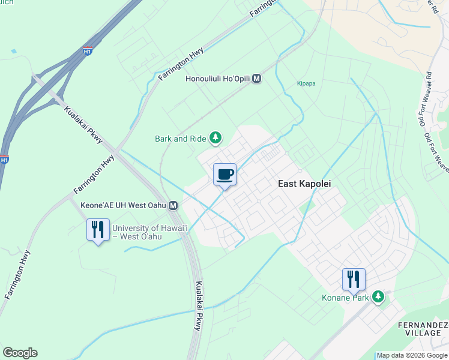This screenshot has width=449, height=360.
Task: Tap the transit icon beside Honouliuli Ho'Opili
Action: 257,79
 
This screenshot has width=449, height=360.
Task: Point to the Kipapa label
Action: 306,84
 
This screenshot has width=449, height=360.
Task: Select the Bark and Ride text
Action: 180,139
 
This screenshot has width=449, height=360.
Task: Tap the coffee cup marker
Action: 224,175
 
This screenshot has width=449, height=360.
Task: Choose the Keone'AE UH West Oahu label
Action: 124,206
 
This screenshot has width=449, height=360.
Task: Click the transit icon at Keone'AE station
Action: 173,206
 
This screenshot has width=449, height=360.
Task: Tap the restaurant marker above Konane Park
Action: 353,279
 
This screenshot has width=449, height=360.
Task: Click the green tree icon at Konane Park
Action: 378,296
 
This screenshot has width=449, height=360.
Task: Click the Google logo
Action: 20,353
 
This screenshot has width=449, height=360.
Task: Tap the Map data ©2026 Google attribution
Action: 412,355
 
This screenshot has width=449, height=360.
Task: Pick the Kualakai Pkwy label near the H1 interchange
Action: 82,124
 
